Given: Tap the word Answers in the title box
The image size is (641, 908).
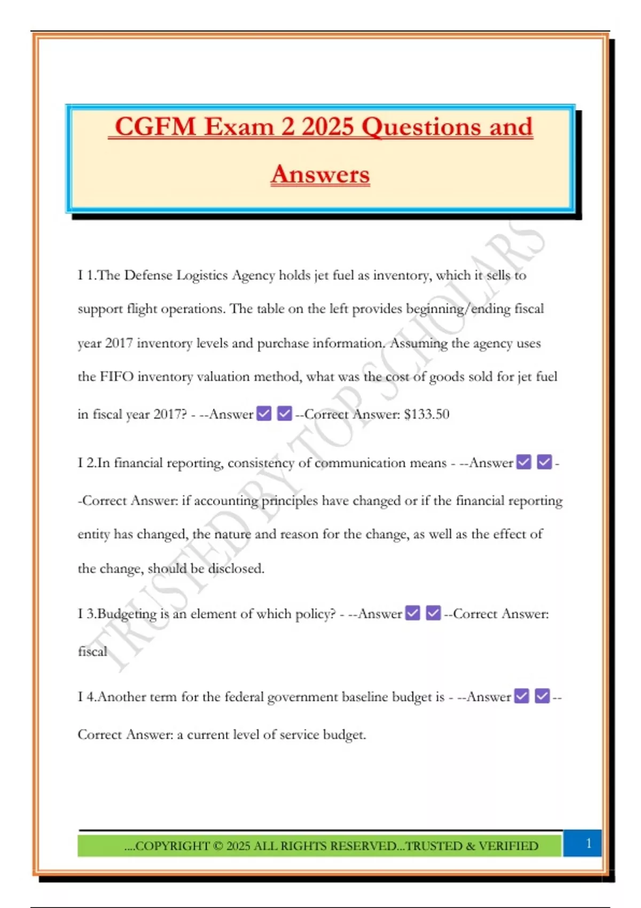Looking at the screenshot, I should [x=320, y=175].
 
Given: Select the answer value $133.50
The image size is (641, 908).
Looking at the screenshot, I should [x=427, y=414].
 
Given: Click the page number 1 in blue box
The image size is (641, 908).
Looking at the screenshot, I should [x=589, y=843].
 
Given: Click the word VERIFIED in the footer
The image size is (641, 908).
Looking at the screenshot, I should [x=509, y=846].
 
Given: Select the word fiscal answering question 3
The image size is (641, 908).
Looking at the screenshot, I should [x=92, y=652].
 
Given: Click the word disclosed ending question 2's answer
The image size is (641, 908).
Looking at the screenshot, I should [x=236, y=569].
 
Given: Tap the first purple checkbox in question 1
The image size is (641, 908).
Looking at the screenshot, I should [x=264, y=413].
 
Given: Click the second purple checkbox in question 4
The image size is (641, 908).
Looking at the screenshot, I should [x=542, y=696].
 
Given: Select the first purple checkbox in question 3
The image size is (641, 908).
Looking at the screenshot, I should [x=413, y=613].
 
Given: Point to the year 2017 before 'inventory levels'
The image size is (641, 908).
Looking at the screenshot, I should [x=119, y=343].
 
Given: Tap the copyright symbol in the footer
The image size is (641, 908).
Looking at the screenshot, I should [x=218, y=846].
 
